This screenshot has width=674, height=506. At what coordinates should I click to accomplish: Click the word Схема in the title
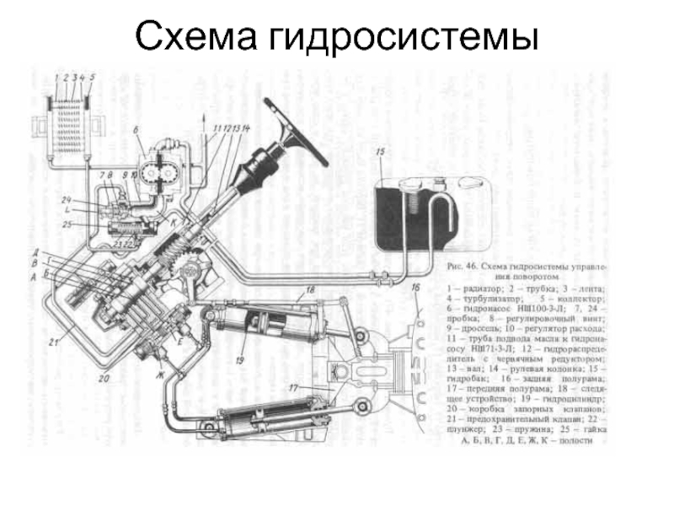click(195, 35)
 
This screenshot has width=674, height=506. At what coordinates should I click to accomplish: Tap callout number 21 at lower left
click(52, 342)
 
